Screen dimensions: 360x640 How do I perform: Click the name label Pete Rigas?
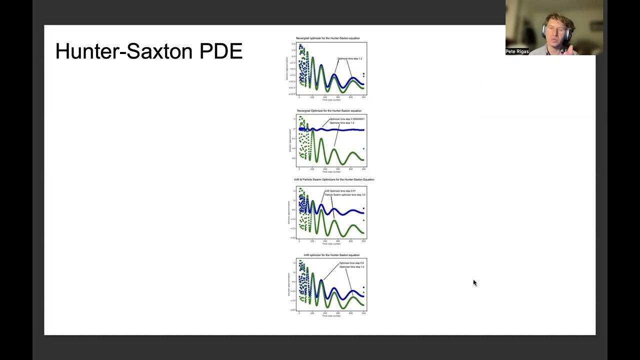click(517, 51)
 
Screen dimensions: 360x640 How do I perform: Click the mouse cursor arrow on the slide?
click(474, 282)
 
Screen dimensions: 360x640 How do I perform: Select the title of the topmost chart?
click(327, 38)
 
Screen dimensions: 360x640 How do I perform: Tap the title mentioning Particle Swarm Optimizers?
click(334, 179)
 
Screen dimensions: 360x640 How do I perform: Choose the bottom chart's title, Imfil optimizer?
click(331, 255)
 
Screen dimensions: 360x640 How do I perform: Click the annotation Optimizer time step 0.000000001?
click(347, 119)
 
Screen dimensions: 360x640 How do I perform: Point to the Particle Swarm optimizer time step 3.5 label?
click(345, 194)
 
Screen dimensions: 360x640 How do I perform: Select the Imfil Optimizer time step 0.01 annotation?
click(340, 191)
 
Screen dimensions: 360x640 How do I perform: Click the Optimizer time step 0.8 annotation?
click(351, 263)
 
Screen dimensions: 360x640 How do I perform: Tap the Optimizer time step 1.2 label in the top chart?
click(350, 59)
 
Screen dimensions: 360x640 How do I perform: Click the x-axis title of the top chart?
click(331, 100)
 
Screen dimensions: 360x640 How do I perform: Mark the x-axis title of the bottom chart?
click(331, 316)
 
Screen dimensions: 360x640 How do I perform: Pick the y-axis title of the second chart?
click(289, 141)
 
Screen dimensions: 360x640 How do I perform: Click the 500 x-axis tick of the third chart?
click(363, 241)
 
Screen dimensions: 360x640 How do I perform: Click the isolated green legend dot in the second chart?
click(363, 148)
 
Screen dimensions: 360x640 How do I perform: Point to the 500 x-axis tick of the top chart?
click(363, 97)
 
